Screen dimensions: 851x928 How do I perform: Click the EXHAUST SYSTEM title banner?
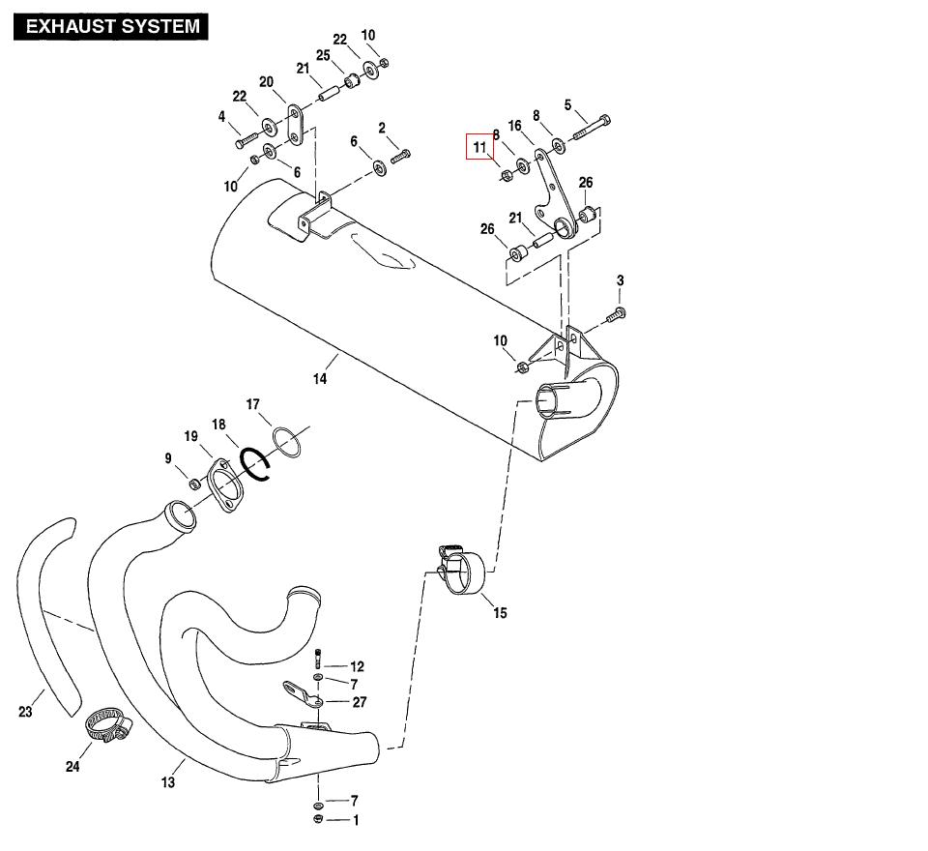111,26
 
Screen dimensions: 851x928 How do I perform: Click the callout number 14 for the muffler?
319,378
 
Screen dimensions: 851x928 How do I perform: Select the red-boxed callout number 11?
480,147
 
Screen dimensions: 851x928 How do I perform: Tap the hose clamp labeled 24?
108,724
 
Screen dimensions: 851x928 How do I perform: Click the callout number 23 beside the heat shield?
25,713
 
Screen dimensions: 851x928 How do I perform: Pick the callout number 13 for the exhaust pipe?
168,781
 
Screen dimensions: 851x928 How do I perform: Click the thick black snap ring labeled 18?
257,464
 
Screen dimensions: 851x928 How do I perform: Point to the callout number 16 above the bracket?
514,126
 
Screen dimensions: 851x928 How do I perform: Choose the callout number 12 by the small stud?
357,666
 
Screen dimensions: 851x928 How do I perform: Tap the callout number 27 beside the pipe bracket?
359,702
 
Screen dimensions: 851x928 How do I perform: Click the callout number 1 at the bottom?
356,820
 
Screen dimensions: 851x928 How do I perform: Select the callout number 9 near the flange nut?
168,458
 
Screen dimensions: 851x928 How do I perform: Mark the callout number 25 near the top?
323,56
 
